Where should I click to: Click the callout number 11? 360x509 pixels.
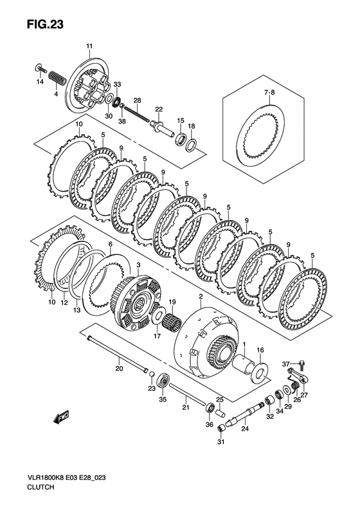click(89, 45)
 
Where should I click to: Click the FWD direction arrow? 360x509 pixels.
click(62, 419)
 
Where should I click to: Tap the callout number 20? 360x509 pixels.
click(118, 369)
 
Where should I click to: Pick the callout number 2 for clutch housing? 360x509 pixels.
click(201, 297)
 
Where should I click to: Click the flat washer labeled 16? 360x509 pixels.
click(261, 371)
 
